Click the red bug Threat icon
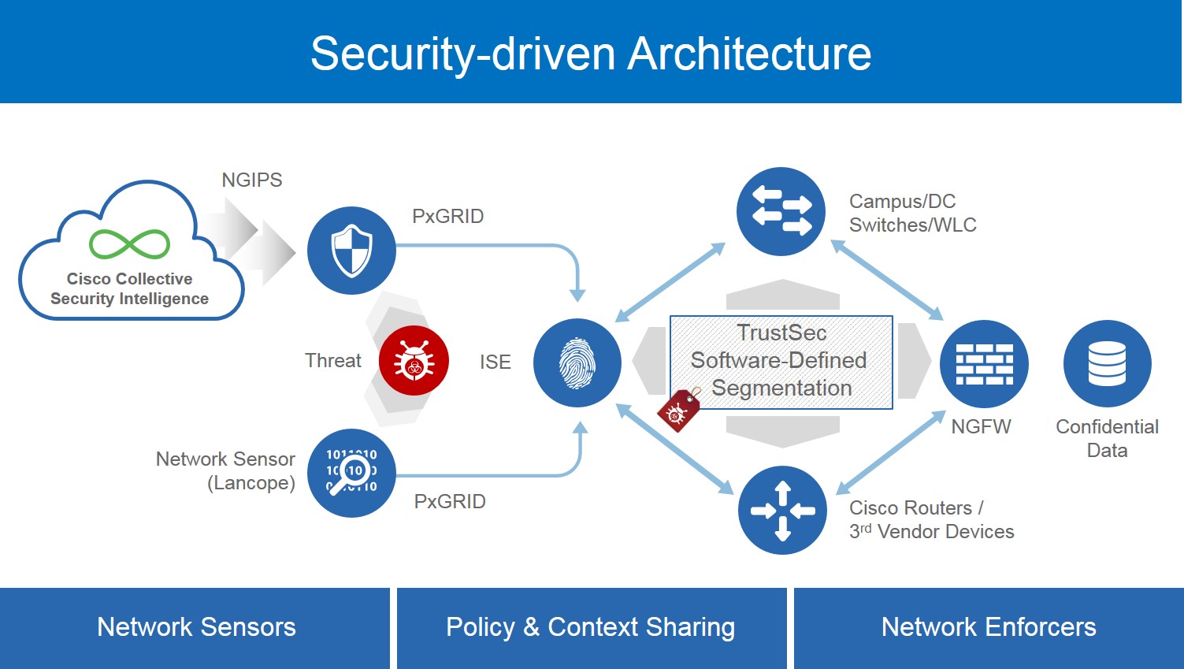pyautogui.click(x=414, y=361)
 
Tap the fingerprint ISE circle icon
pyautogui.click(x=577, y=362)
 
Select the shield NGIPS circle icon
pyautogui.click(x=351, y=251)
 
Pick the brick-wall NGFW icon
pyautogui.click(x=984, y=364)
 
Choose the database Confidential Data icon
pyautogui.click(x=1107, y=364)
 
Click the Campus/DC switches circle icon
pyautogui.click(x=781, y=211)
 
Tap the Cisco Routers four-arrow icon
pyautogui.click(x=782, y=510)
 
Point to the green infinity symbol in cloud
pyautogui.click(x=130, y=244)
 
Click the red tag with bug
pyautogui.click(x=679, y=410)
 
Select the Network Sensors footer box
pyautogui.click(x=195, y=627)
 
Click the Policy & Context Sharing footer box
pyautogui.click(x=591, y=627)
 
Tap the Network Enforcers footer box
pyautogui.click(x=989, y=627)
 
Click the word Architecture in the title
pyautogui.click(x=749, y=54)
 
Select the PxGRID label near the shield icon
pyautogui.click(x=447, y=216)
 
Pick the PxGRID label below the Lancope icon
pyautogui.click(x=450, y=501)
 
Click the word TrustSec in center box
pyautogui.click(x=781, y=333)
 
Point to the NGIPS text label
pyautogui.click(x=251, y=180)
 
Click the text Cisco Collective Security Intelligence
pyautogui.click(x=130, y=288)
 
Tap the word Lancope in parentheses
pyautogui.click(x=251, y=482)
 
